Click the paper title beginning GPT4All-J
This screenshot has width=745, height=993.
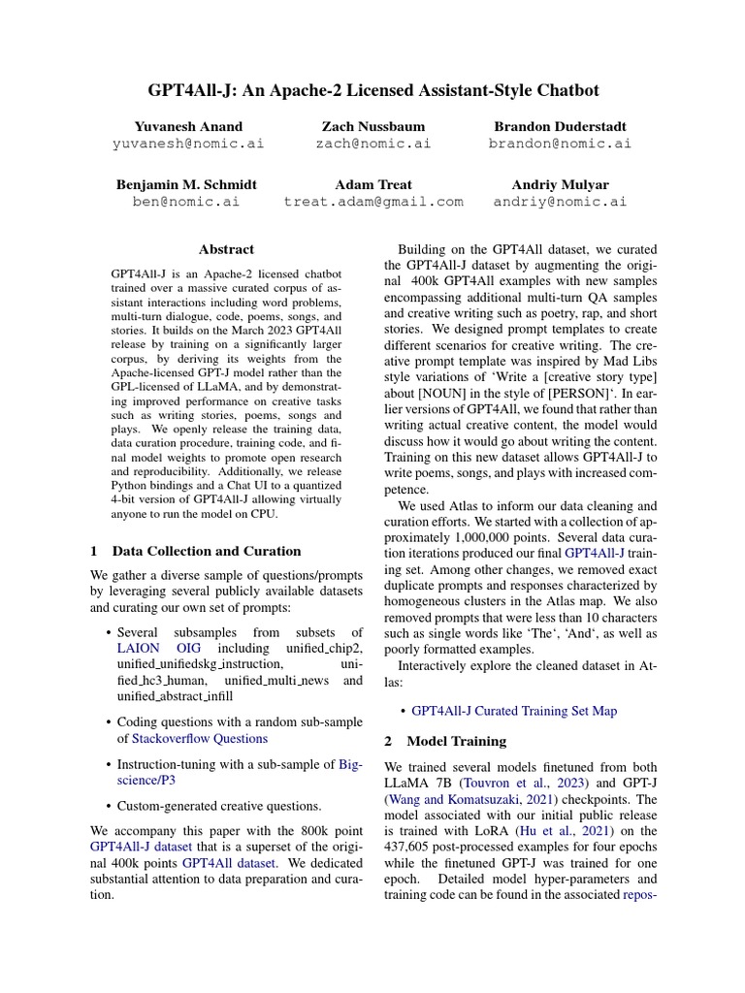coord(372,90)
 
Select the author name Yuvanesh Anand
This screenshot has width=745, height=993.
coord(181,126)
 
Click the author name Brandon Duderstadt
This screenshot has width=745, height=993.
coord(560,126)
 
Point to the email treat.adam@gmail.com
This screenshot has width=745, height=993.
coord(372,202)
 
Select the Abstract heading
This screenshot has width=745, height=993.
coord(225,249)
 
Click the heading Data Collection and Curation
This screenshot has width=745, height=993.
coord(207,551)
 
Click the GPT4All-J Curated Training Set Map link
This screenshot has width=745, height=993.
coord(513,711)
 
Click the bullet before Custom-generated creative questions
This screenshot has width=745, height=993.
coord(109,806)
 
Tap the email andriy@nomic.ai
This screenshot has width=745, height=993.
coord(560,202)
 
